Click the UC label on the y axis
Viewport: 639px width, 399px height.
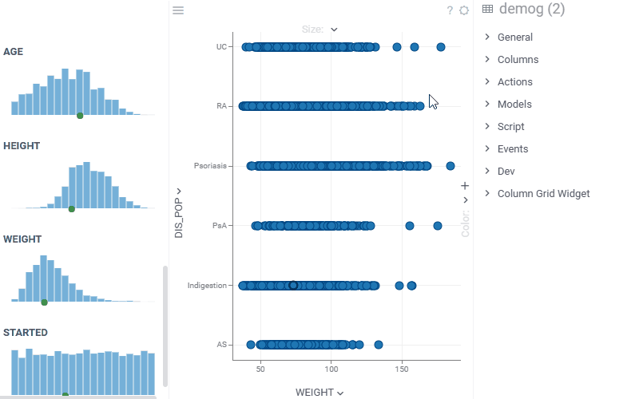coord(221,47)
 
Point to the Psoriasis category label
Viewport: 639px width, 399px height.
coord(210,166)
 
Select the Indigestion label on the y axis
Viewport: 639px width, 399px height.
coord(207,286)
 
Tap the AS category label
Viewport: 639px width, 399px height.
coord(222,345)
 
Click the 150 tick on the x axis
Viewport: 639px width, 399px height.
coord(402,371)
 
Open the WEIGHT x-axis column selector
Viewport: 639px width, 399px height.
coord(319,393)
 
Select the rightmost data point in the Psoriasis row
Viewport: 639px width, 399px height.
coord(450,166)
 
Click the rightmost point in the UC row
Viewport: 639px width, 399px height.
coord(441,47)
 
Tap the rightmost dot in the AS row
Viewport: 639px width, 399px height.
coord(378,345)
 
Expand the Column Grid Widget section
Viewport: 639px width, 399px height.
coord(543,194)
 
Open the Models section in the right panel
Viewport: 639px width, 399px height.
coord(514,105)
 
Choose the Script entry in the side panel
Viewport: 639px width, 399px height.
coord(510,127)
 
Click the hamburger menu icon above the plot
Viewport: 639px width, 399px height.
coord(178,10)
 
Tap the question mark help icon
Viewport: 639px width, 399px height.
coord(450,10)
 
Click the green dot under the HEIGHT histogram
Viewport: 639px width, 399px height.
coord(72,209)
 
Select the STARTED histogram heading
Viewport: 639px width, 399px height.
coord(26,333)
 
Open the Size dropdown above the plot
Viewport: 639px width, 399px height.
coord(319,30)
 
